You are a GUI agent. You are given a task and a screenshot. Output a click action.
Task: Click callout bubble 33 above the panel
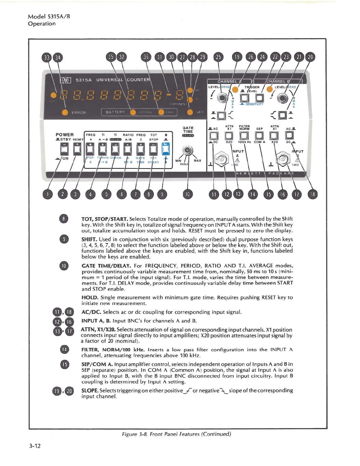coord(46,57)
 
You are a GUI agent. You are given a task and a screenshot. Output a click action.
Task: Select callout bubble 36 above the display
coord(146,57)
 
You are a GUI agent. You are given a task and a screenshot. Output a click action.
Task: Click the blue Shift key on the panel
coord(166,149)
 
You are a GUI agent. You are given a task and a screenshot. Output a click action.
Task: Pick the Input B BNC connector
coord(283,159)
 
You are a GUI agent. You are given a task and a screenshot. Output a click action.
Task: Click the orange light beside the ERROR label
coord(65,112)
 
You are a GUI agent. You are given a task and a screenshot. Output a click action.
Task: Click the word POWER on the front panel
coord(64,135)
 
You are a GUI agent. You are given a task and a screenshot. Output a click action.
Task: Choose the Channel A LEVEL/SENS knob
coord(222,98)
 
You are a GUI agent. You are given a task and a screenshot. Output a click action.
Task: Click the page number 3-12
coord(35,446)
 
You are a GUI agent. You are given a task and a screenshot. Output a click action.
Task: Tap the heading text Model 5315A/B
coord(49,16)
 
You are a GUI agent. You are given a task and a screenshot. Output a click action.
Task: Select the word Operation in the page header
coord(41,24)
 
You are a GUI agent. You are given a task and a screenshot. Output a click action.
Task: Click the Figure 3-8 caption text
coord(176,434)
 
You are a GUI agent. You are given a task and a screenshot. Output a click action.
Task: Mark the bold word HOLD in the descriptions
coord(90,297)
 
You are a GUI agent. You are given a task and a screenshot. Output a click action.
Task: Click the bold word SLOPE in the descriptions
coord(90,390)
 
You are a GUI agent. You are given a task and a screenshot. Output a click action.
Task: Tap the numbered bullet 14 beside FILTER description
coord(64,349)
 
